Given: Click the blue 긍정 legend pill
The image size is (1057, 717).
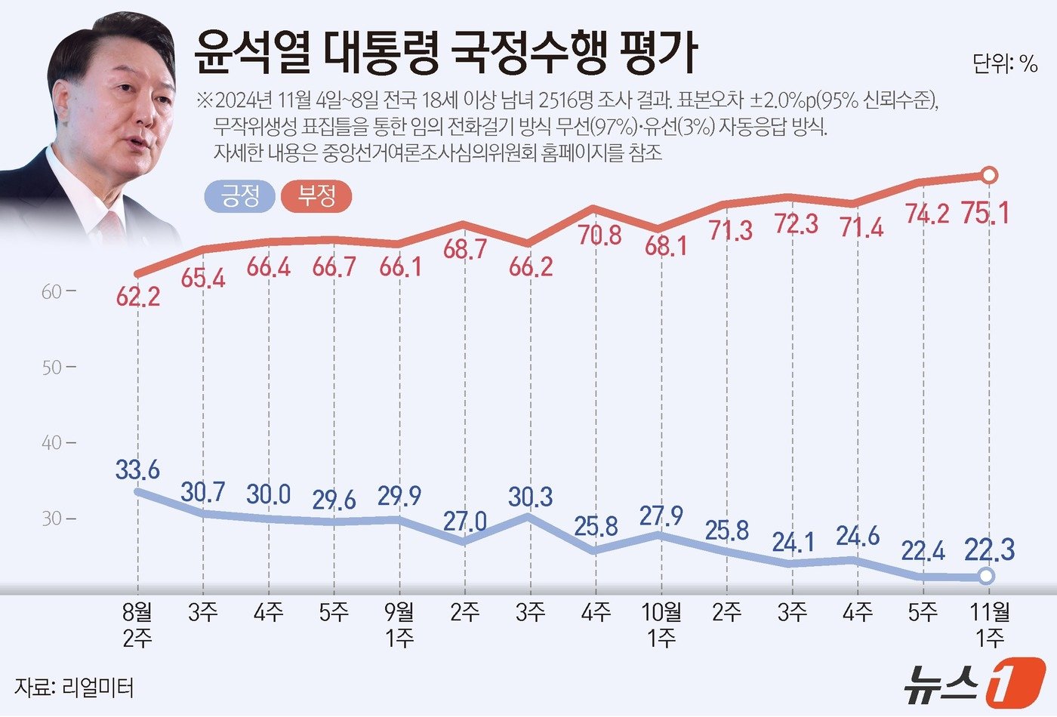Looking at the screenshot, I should (239, 197).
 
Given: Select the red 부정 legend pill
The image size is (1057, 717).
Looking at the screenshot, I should (316, 197).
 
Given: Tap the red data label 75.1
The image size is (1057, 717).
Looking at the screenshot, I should (985, 214).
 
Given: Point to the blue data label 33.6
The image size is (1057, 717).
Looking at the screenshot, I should (137, 469).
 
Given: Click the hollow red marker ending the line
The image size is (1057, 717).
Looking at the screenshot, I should (991, 176).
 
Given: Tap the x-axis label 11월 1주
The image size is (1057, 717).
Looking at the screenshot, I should (989, 625).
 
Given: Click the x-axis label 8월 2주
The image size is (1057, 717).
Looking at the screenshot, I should (137, 625).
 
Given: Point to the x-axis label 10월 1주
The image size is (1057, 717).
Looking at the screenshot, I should (661, 625).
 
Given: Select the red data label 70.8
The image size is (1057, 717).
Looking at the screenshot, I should (598, 235).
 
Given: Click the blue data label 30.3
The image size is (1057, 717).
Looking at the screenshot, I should (531, 497).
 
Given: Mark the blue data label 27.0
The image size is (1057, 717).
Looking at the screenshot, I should (465, 521).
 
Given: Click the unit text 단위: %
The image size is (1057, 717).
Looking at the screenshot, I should (1005, 64).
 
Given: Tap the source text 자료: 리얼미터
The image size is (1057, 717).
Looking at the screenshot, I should (74, 688).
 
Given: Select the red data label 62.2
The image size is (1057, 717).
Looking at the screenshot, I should (137, 297).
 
